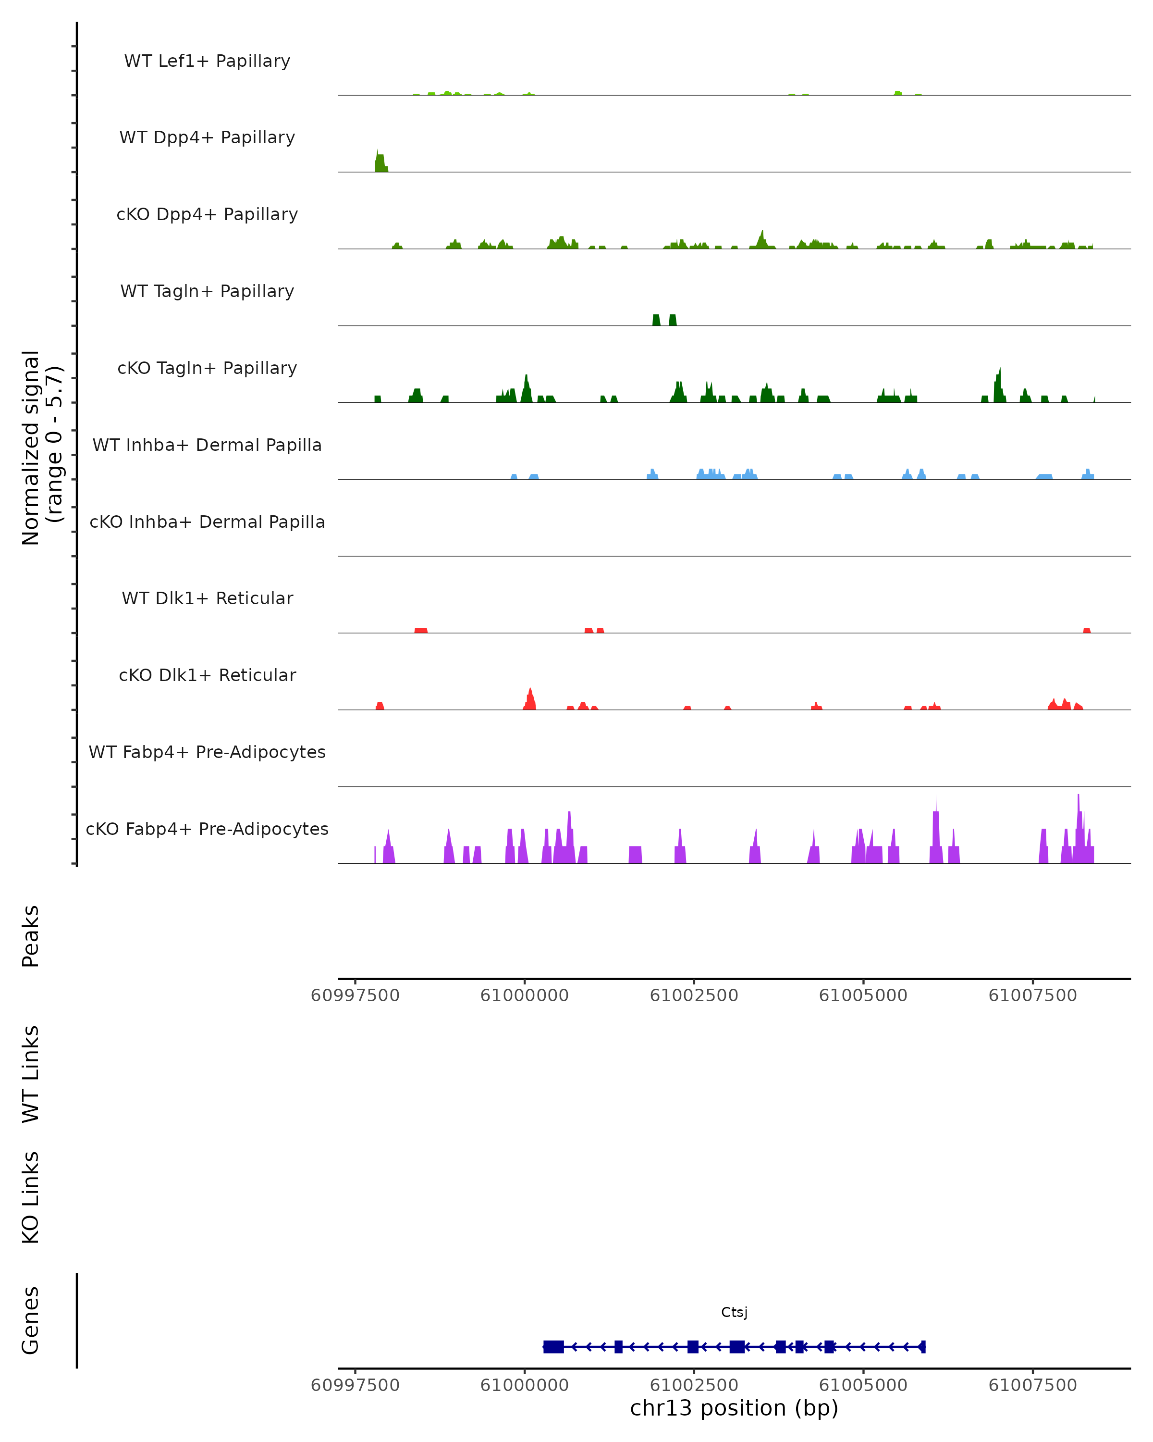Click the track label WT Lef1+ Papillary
click(207, 61)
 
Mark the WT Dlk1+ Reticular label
click(207, 598)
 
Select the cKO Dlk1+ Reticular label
click(207, 675)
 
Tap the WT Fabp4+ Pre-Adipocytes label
click(207, 752)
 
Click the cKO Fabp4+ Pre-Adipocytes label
click(207, 829)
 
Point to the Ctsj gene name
click(734, 1312)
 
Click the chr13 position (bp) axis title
click(734, 1408)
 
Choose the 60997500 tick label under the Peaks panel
click(355, 995)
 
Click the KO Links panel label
click(31, 1197)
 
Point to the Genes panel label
click(31, 1320)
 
